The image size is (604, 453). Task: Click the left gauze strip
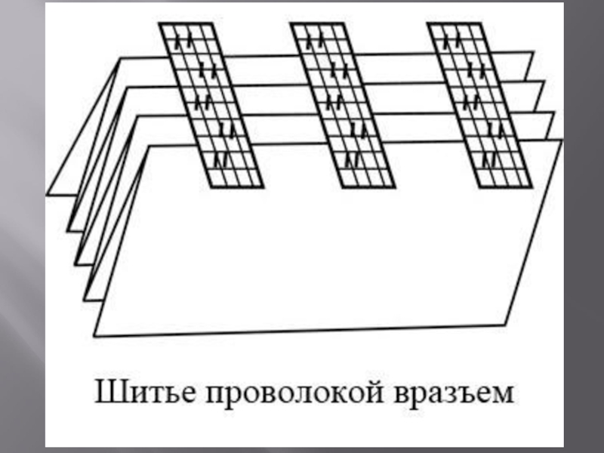click(211, 105)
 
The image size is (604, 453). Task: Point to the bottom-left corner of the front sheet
click(95, 334)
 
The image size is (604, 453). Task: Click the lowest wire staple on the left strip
click(220, 160)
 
